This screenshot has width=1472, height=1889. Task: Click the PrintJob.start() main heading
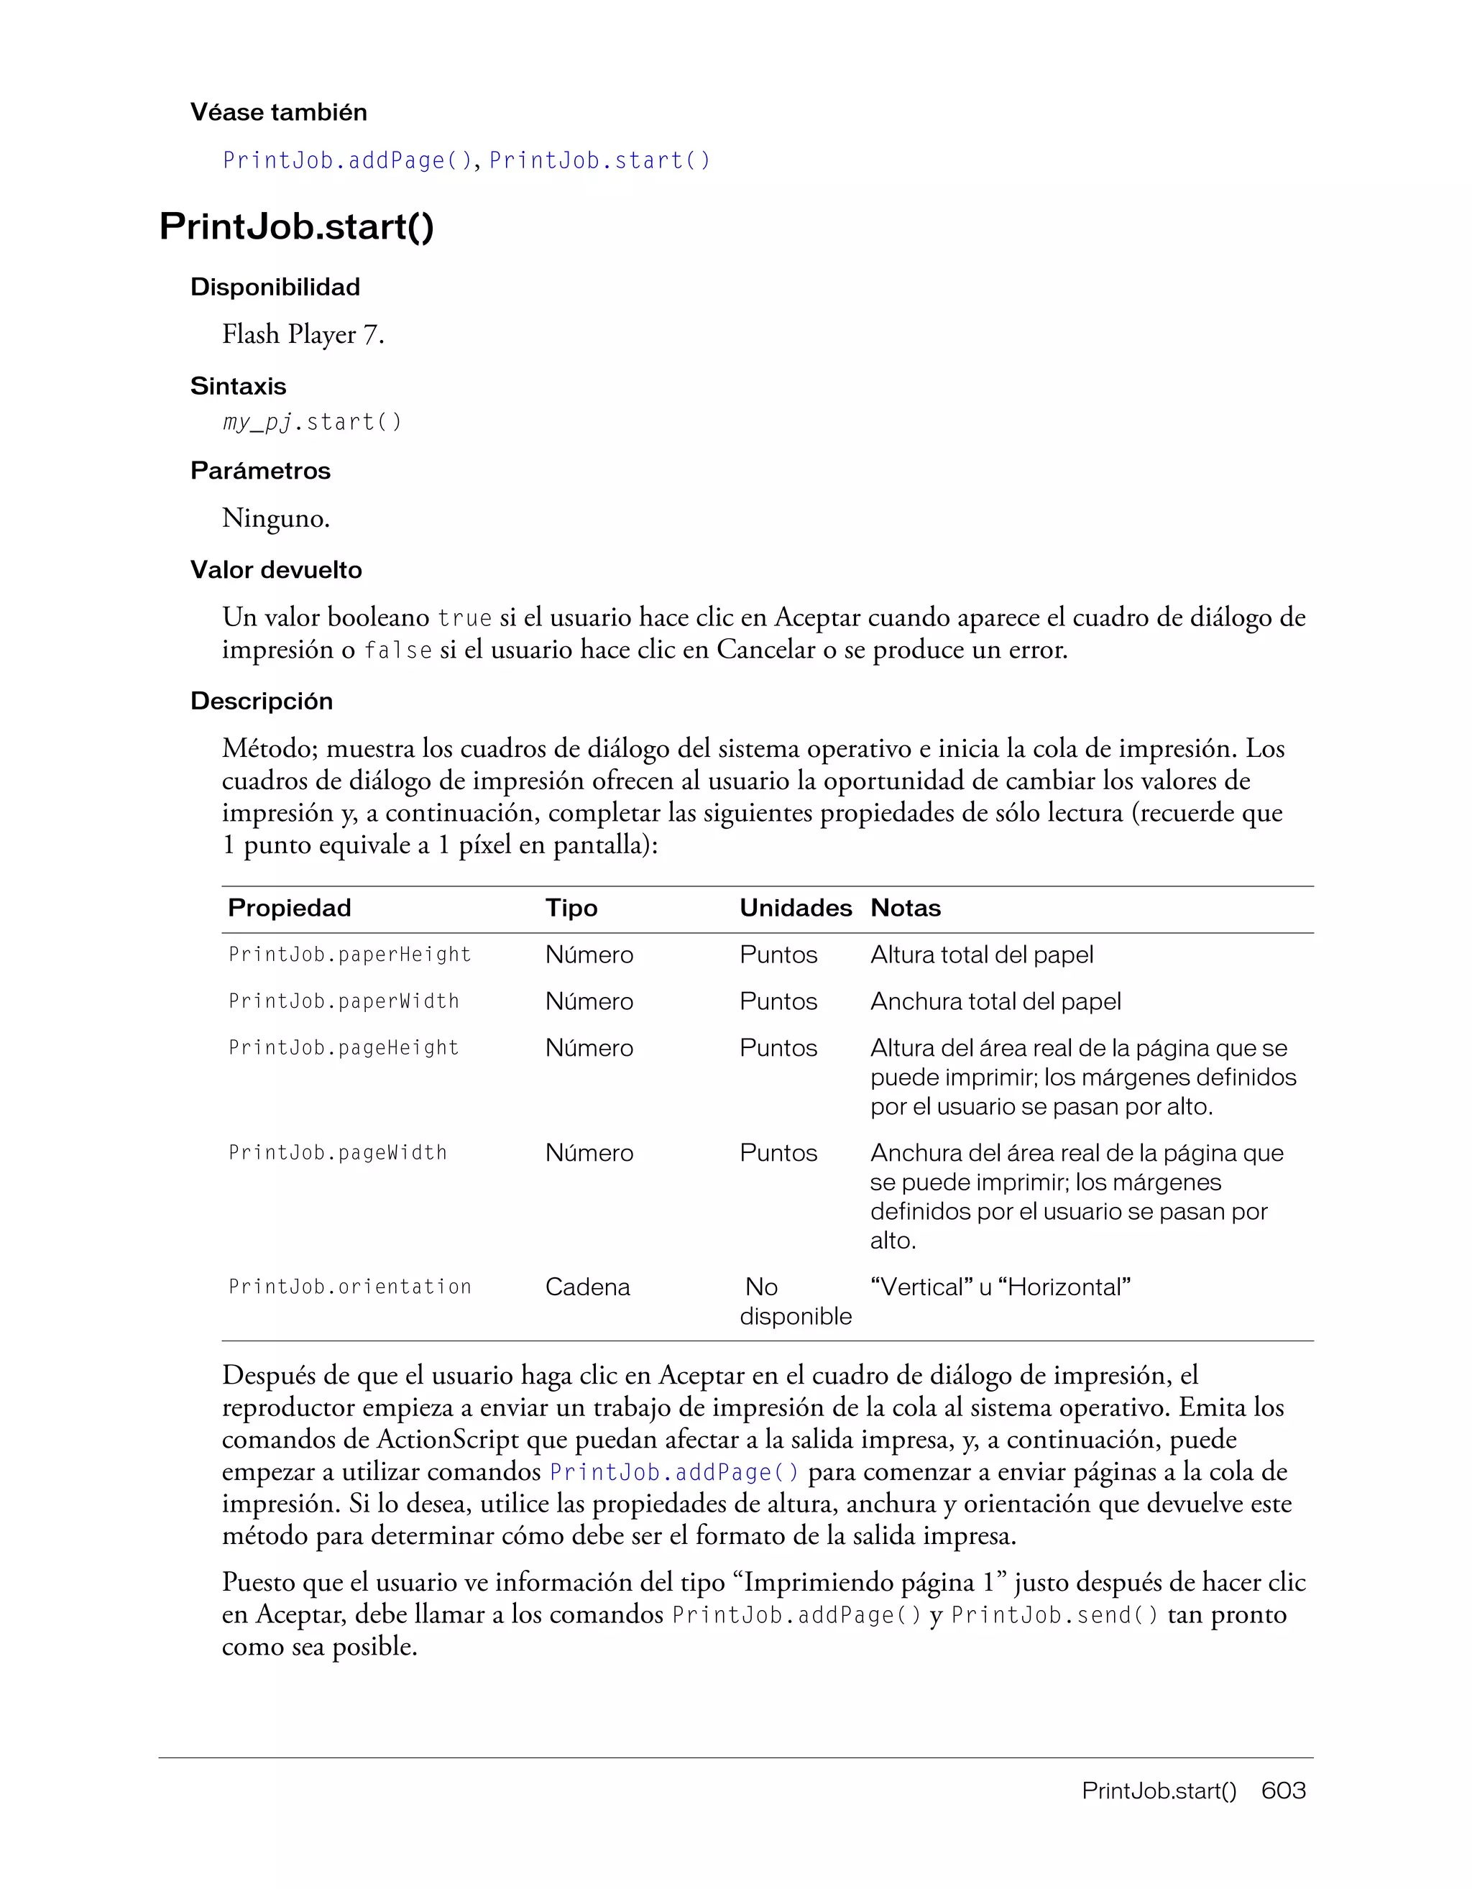coord(297,226)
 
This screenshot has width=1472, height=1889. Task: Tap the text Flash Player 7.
coord(303,335)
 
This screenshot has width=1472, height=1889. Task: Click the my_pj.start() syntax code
coord(312,422)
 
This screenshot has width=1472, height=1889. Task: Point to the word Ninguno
coord(276,519)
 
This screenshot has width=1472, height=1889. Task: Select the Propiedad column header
coord(289,908)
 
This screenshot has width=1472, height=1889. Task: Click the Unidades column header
coord(795,908)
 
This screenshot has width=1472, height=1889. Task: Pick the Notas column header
coord(905,908)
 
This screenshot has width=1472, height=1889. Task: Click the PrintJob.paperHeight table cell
coord(349,955)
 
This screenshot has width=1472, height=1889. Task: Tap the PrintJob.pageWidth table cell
coord(337,1153)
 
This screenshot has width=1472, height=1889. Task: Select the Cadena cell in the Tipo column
coord(587,1287)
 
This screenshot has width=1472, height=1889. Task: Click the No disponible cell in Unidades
coord(795,1302)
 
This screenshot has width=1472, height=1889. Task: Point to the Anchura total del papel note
coord(995,1001)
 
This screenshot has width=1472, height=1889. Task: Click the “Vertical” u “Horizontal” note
coord(1000,1287)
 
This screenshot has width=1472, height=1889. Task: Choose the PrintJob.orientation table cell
coord(349,1287)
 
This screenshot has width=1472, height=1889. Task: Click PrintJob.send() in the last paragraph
coord(1054,1616)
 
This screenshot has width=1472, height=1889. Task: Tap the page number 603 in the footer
coord(1284,1791)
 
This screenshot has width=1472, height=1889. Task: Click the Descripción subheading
coord(261,702)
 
